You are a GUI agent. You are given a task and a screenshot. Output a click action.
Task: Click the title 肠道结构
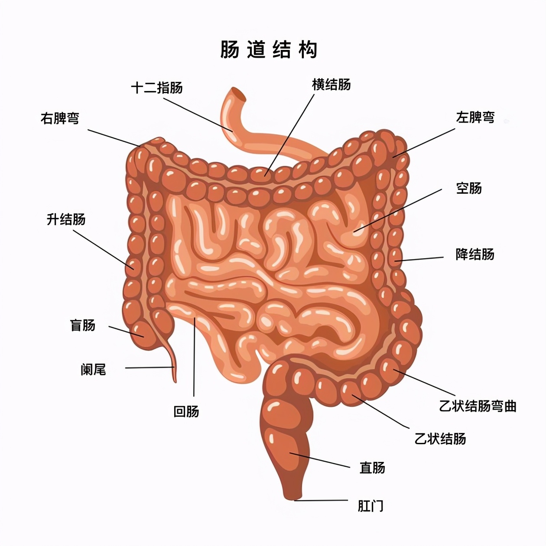269,50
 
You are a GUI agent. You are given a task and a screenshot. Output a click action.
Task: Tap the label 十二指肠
157,88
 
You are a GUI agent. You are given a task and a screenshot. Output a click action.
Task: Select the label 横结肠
331,84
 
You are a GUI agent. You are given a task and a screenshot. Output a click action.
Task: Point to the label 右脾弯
60,118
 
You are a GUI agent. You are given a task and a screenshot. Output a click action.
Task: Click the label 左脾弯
475,117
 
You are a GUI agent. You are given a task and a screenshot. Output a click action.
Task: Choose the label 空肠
469,188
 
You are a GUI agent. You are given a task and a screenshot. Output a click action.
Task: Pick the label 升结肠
66,219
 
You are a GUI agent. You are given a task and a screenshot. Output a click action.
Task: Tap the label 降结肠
475,254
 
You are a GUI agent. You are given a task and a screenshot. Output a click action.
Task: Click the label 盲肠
82,325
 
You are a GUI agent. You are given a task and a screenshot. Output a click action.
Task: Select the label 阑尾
93,369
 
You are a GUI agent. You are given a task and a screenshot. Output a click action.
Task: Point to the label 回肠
186,411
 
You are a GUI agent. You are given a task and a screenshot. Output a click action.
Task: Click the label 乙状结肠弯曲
478,406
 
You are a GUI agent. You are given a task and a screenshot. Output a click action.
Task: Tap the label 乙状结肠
440,439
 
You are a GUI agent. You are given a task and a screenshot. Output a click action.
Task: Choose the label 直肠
372,468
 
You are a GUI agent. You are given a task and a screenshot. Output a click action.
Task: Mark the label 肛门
370,506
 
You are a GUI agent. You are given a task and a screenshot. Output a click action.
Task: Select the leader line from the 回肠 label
194,355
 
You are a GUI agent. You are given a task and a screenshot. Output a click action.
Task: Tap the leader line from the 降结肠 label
420,259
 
